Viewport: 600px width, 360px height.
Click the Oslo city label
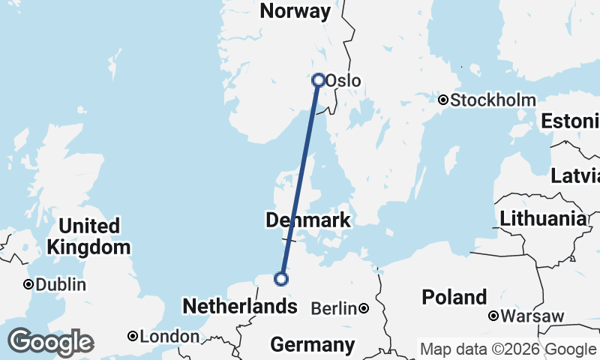tap(343, 81)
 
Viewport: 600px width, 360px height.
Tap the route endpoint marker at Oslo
tap(319, 79)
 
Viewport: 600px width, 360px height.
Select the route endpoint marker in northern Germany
tap(281, 279)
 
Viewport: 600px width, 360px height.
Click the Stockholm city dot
tap(443, 100)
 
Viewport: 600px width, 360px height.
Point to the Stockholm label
tap(493, 100)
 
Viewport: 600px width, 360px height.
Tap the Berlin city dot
tap(363, 308)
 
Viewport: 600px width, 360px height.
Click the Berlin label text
tap(334, 308)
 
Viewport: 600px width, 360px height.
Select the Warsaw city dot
tap(493, 316)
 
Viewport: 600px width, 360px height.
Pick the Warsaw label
tap(532, 316)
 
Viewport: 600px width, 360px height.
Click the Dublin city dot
tap(28, 284)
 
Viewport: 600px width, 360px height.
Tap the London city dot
tap(133, 336)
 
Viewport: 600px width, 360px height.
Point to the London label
tap(169, 337)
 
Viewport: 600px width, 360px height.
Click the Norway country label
tap(295, 11)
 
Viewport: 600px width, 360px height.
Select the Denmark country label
tap(307, 220)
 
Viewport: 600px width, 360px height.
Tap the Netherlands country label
tap(239, 306)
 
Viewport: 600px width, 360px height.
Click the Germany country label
tap(312, 345)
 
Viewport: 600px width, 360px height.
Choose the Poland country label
tap(454, 296)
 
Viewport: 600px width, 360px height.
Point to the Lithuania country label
tap(544, 219)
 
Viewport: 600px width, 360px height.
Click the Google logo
tap(50, 342)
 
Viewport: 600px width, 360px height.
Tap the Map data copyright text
tap(508, 349)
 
